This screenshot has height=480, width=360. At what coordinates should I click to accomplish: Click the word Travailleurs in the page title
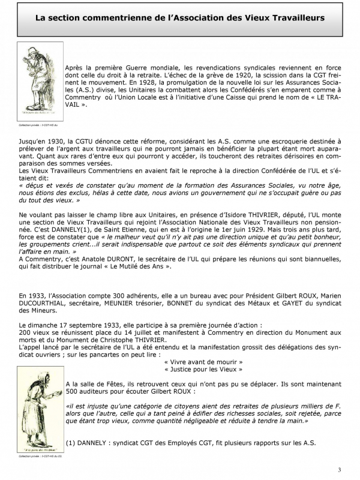(x=298, y=18)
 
